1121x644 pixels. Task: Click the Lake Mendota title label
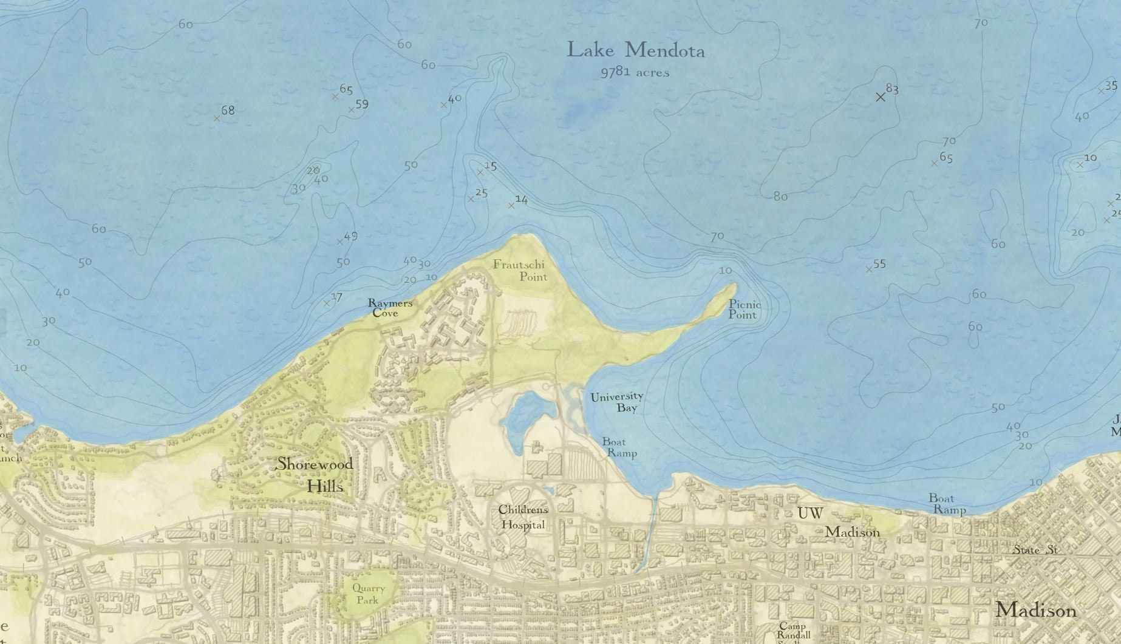click(x=636, y=50)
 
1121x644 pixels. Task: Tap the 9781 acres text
click(x=635, y=72)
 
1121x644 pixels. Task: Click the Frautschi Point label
click(x=520, y=270)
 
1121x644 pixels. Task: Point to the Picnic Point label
click(x=744, y=309)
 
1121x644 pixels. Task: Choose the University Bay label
click(x=618, y=402)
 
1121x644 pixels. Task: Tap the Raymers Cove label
click(x=389, y=308)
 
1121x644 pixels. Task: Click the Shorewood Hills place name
click(x=315, y=475)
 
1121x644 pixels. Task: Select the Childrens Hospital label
click(x=522, y=517)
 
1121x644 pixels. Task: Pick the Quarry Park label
click(x=368, y=594)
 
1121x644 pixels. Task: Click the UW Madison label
click(x=838, y=523)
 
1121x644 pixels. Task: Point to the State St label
click(x=1035, y=550)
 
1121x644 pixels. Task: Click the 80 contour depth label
click(x=780, y=196)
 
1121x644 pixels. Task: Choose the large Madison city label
click(x=1035, y=610)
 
